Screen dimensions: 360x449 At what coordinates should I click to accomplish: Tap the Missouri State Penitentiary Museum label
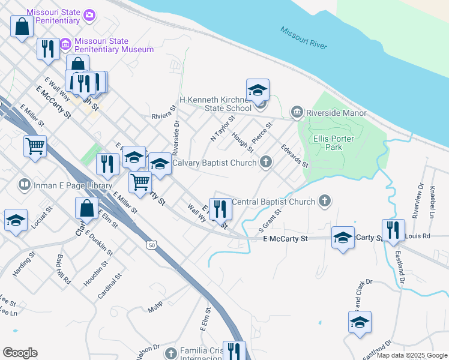pos(113,46)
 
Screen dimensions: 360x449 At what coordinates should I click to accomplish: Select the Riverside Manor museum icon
pos(297,112)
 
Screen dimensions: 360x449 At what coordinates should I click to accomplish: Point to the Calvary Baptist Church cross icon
pos(265,162)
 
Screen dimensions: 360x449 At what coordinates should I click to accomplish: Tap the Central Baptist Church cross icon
pos(325,201)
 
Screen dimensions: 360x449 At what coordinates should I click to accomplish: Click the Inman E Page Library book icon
pos(25,184)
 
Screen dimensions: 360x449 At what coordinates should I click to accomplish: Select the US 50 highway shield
pos(151,245)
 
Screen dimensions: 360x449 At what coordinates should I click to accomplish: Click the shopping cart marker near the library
pos(35,146)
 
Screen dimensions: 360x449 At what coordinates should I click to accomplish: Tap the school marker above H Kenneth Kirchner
pos(258,91)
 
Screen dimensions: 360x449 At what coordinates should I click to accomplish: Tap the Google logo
pos(20,353)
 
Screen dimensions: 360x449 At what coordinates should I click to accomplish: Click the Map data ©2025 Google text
pos(411,355)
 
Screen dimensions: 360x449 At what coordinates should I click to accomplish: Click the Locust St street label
pos(39,220)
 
